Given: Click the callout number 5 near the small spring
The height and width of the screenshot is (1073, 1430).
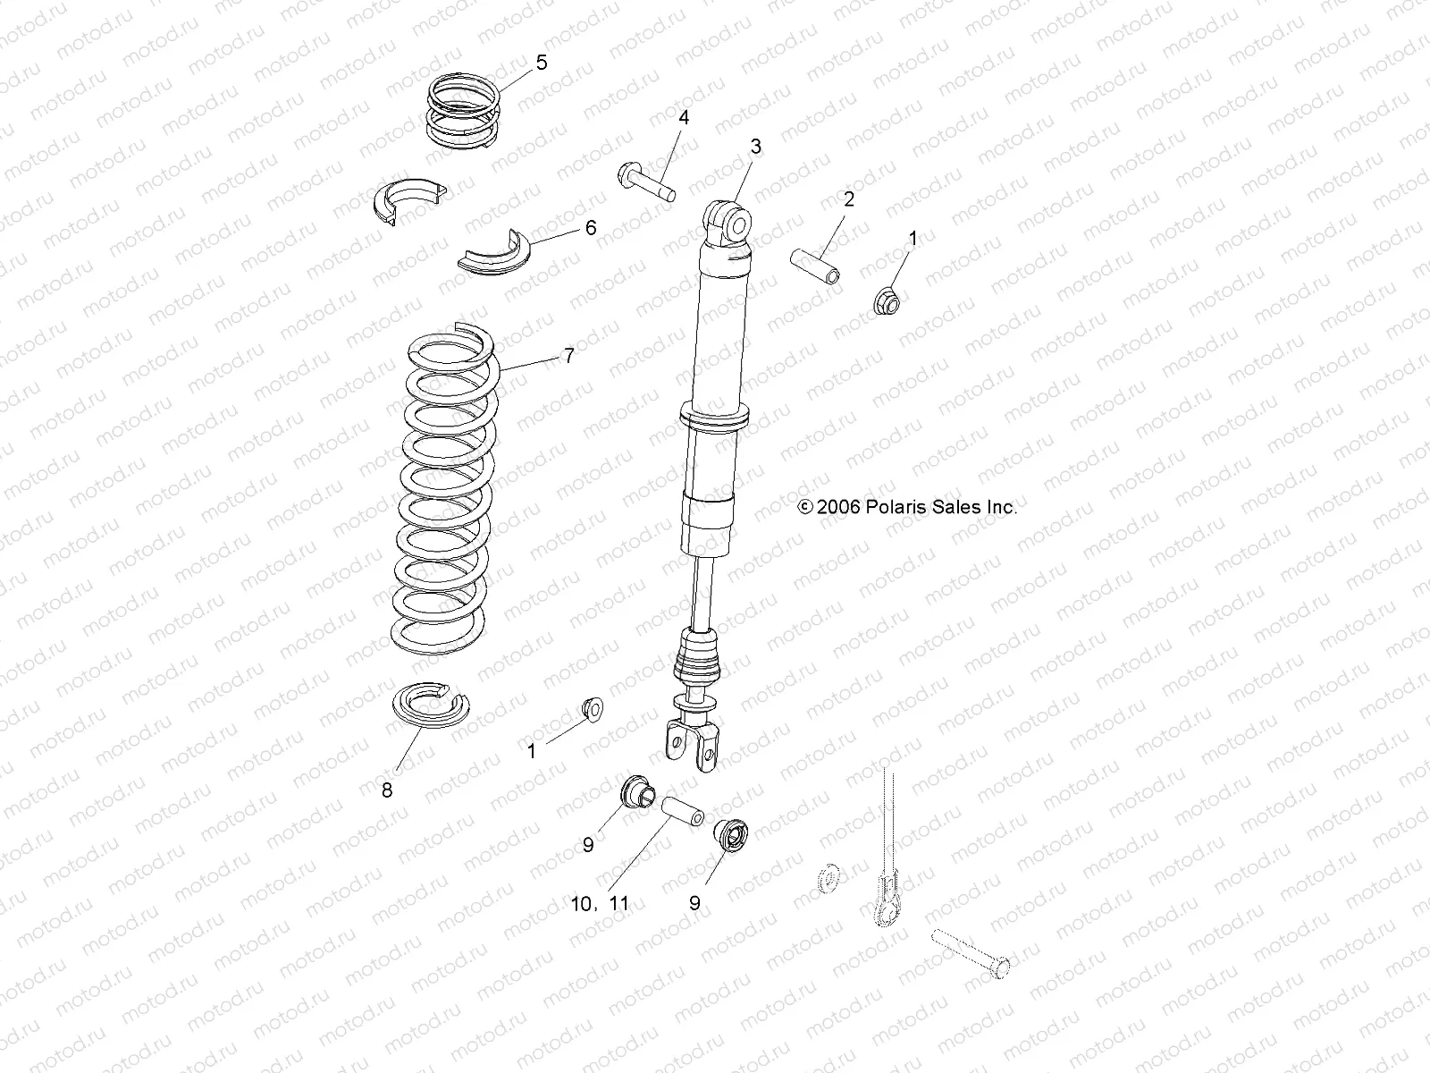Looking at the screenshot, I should [x=541, y=63].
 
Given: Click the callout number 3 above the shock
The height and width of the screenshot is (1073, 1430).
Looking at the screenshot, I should [x=755, y=147].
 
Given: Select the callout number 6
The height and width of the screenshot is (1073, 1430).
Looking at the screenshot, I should [x=590, y=228].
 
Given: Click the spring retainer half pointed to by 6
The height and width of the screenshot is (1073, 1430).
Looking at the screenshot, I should [x=494, y=254].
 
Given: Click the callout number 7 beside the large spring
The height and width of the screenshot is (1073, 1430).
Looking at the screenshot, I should [x=568, y=356].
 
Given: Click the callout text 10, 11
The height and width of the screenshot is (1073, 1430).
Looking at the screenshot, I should [x=600, y=904].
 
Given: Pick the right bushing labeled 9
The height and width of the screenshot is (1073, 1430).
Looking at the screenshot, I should [x=729, y=836].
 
